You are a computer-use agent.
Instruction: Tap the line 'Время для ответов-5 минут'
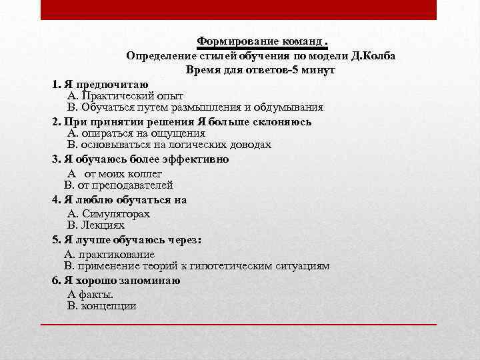261,69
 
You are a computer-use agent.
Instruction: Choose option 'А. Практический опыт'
125,95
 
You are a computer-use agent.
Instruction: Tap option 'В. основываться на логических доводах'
169,145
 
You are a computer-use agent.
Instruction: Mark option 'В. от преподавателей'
119,185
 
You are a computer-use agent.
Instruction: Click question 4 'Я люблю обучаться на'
119,199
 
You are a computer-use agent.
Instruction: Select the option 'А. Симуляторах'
109,213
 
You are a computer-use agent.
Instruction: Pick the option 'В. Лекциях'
96,225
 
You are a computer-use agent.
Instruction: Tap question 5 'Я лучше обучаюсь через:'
126,239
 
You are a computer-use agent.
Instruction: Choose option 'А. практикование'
109,253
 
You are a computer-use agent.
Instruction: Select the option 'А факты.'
91,294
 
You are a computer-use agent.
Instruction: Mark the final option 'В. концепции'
102,306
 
